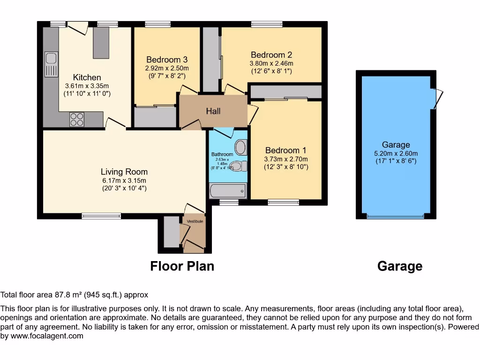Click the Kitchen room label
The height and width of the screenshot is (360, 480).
[x=87, y=77]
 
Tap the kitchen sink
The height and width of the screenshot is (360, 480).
[x=51, y=64]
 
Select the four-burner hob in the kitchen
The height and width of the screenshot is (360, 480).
[x=77, y=120]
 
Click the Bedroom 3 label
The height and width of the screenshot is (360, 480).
[x=167, y=60]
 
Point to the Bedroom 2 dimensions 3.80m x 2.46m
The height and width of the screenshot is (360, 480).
[x=271, y=64]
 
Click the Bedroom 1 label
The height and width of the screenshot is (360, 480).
[x=285, y=150]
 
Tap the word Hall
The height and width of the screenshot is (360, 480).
[x=213, y=111]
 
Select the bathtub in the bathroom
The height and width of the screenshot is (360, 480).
[x=228, y=191]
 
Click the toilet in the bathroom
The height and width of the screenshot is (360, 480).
[x=240, y=166]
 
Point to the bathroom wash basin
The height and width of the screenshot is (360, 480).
[x=241, y=147]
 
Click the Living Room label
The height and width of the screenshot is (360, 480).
[x=124, y=172]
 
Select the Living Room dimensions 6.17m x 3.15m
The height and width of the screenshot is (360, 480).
[x=124, y=180]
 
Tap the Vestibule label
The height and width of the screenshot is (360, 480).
[x=195, y=221]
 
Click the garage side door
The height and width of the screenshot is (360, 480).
[x=438, y=98]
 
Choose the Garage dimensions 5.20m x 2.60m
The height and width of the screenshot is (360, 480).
[x=396, y=153]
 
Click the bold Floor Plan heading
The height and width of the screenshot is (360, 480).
[x=182, y=266]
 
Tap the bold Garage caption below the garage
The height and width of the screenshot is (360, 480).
[x=399, y=266]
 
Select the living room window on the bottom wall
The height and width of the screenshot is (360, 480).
[x=101, y=216]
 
